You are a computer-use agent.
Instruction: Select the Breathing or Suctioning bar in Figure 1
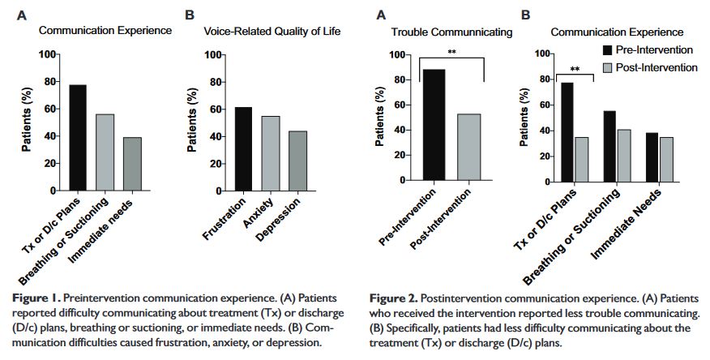pos(105,151)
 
